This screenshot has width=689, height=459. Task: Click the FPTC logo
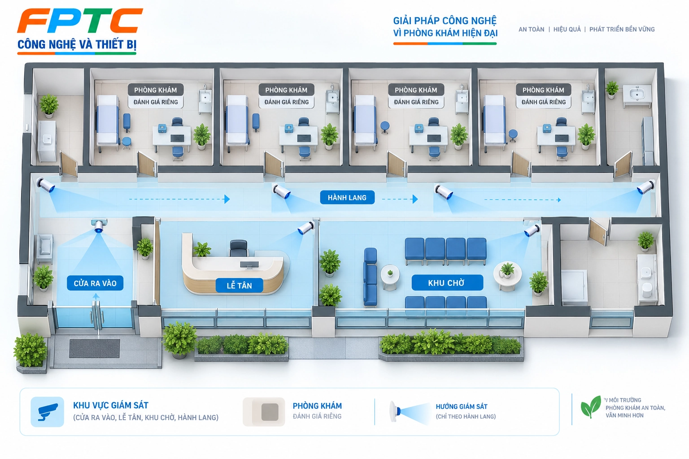[80, 21]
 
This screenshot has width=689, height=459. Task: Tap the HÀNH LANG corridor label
[347, 197]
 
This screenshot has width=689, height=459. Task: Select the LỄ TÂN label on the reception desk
[239, 285]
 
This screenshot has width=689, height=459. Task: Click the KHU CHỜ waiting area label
[447, 282]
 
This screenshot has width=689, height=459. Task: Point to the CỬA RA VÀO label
[95, 283]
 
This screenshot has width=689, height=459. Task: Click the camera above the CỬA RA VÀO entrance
[99, 225]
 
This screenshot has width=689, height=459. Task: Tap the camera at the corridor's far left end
[46, 185]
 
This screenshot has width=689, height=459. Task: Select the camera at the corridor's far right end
[645, 187]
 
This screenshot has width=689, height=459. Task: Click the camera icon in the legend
[48, 411]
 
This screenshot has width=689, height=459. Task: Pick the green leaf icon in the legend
[591, 407]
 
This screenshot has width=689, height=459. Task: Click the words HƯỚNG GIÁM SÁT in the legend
[462, 407]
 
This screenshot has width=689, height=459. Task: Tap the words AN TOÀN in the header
[531, 29]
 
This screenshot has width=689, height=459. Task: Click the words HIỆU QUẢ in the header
[567, 29]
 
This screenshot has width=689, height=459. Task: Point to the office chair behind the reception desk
[239, 248]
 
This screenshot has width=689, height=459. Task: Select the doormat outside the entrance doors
[95, 348]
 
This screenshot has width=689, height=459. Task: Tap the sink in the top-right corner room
[637, 92]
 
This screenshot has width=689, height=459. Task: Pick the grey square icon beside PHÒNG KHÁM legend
[270, 412]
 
